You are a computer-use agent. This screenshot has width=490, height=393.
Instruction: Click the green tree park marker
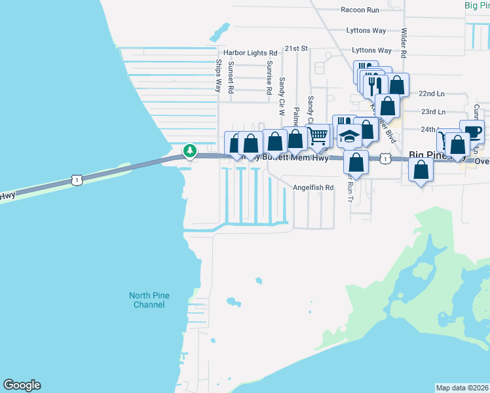190,151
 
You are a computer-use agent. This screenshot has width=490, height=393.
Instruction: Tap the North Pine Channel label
149,300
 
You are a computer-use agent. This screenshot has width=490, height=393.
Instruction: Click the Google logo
22,385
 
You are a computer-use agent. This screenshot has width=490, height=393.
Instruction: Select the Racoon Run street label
360,10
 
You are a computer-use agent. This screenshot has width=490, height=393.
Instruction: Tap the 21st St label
295,48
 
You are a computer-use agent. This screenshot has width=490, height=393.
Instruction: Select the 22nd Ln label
432,94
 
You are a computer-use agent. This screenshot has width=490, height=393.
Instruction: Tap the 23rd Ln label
432,112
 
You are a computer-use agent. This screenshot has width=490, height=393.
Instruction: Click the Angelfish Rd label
313,187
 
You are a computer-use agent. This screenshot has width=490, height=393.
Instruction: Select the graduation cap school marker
350,136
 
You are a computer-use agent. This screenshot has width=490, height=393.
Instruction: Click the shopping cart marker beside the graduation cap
318,136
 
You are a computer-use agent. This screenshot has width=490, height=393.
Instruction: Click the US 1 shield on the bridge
77,179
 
